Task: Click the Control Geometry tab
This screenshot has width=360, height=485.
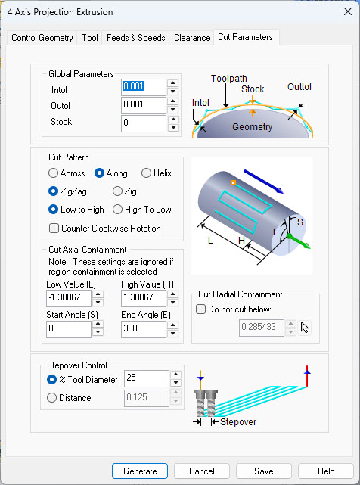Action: pyautogui.click(x=42, y=38)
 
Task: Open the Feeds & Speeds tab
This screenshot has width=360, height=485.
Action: pyautogui.click(x=135, y=38)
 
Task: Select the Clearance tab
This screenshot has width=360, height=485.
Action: pyautogui.click(x=191, y=38)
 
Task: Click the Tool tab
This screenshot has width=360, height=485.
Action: pyautogui.click(x=90, y=38)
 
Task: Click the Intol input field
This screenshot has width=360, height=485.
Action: pyautogui.click(x=144, y=87)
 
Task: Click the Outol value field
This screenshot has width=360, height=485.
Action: pyautogui.click(x=144, y=105)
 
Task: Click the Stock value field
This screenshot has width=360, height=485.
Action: pyautogui.click(x=144, y=123)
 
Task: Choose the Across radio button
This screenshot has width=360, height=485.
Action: pyautogui.click(x=54, y=173)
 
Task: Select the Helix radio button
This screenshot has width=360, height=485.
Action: pyautogui.click(x=147, y=173)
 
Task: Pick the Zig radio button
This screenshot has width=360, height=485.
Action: pyautogui.click(x=117, y=191)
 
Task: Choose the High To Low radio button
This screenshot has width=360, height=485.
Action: pyautogui.click(x=117, y=210)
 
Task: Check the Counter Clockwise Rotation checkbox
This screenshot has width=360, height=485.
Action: pyautogui.click(x=54, y=228)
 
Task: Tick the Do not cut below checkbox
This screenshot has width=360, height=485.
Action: pyautogui.click(x=200, y=309)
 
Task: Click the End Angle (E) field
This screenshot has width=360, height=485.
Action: pyautogui.click(x=143, y=330)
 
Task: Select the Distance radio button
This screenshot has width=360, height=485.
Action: pyautogui.click(x=52, y=397)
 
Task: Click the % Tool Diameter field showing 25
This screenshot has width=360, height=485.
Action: pyautogui.click(x=145, y=378)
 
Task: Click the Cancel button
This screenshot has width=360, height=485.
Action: pyautogui.click(x=202, y=471)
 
